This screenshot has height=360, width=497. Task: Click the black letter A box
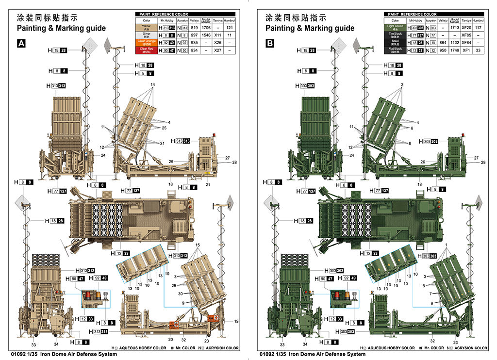[x=21, y=44]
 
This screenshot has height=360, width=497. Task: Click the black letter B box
[x=270, y=44]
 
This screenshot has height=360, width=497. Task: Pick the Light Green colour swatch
[x=395, y=28]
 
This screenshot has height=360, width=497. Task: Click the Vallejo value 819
[x=194, y=28]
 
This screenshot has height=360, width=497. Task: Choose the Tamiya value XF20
[x=466, y=28]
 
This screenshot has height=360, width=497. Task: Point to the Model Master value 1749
[x=454, y=49]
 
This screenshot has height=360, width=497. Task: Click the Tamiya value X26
[x=218, y=42]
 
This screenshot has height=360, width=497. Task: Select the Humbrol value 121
[x=230, y=28]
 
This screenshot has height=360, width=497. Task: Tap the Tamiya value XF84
[x=466, y=42]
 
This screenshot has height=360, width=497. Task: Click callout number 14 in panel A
[x=152, y=85]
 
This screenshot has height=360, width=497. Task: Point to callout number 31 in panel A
[x=162, y=143]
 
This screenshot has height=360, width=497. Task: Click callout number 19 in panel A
[x=236, y=322]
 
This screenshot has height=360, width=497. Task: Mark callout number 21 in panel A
[x=208, y=185]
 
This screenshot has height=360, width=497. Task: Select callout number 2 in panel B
[x=402, y=85]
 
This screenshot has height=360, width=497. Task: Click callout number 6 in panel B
[x=411, y=128]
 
